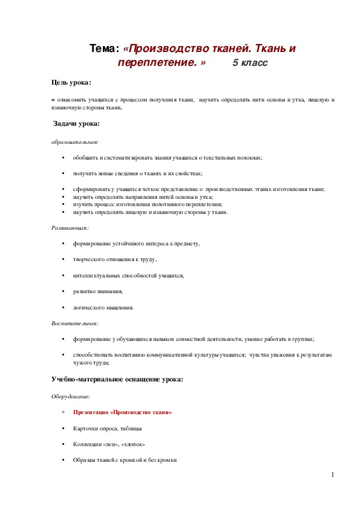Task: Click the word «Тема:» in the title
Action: click(104, 48)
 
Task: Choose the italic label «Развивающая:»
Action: click(70, 228)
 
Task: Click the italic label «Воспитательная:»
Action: click(74, 323)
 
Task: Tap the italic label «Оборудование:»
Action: click(70, 397)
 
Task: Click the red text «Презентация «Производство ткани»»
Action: click(122, 412)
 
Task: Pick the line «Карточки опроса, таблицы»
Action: click(108, 429)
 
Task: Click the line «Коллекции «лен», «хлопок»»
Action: click(109, 444)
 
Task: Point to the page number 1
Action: click(332, 475)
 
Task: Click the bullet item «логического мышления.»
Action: click(103, 307)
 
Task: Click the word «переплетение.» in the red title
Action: click(160, 62)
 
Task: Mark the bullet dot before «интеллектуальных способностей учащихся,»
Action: click(64, 276)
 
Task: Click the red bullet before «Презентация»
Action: click(64, 413)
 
